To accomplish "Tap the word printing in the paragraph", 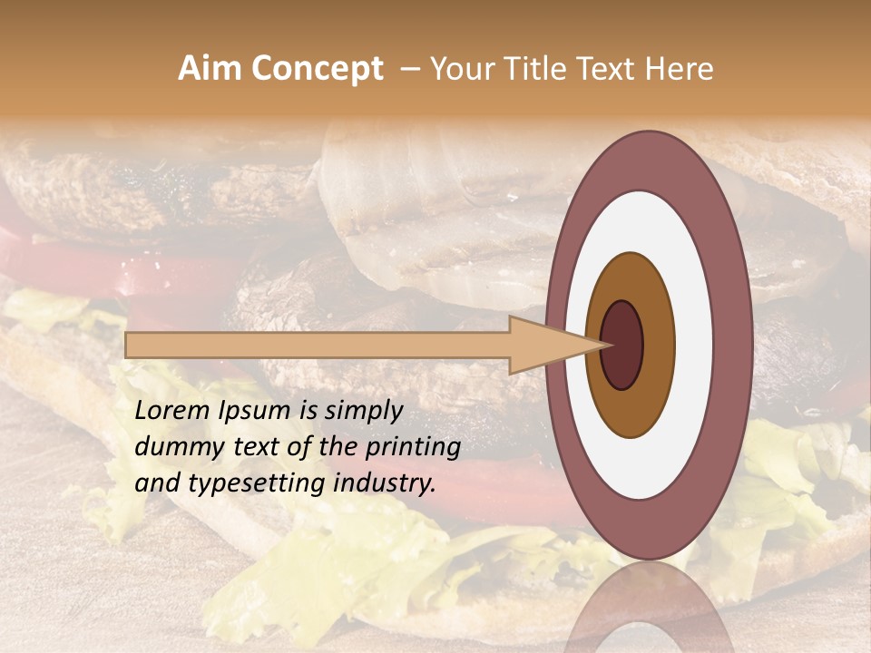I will point(412,448).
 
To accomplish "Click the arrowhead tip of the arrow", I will point(606,345).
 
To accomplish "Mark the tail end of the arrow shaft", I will point(129,345).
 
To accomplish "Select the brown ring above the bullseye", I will point(631,276).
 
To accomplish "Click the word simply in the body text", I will point(363,412).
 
